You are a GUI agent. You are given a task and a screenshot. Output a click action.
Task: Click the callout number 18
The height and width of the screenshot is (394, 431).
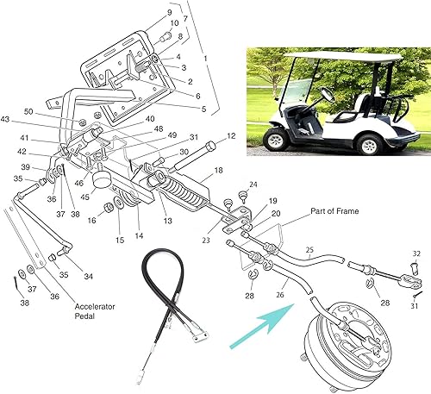[218, 171]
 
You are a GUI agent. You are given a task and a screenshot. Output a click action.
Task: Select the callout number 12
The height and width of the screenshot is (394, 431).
[231, 136]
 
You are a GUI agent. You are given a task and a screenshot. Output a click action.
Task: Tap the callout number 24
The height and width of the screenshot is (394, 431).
[253, 184]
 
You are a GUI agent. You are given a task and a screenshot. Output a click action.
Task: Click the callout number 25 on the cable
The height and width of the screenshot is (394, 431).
[309, 252]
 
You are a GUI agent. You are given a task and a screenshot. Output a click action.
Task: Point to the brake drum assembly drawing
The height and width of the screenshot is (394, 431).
[349, 335]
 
